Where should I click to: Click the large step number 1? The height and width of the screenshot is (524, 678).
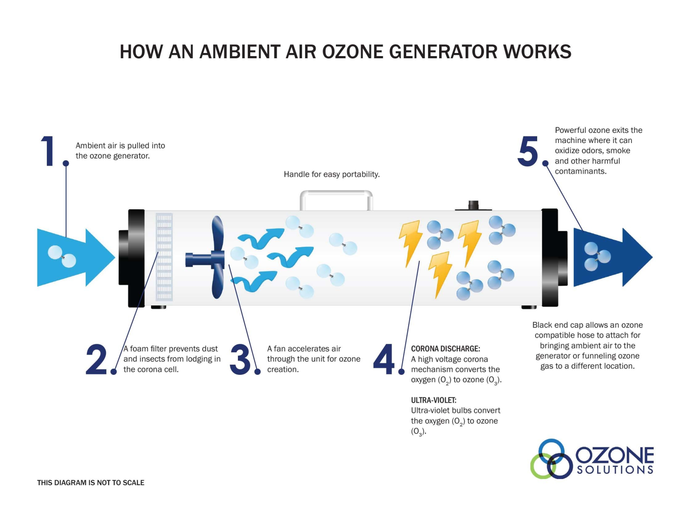(x=48, y=151)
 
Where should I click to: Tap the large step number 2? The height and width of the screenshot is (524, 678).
(x=96, y=359)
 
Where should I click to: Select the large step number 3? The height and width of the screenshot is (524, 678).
(x=241, y=359)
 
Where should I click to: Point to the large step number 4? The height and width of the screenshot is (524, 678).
(x=384, y=359)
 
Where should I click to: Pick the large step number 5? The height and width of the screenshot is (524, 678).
(x=527, y=151)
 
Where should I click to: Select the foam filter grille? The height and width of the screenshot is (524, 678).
(x=164, y=257)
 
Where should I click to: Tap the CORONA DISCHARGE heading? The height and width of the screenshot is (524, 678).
(x=445, y=349)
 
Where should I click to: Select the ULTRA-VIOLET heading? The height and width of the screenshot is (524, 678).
(x=433, y=400)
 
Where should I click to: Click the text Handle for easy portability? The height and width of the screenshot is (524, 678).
(x=331, y=174)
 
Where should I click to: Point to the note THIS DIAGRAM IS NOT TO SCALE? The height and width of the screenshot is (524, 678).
(x=90, y=483)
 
